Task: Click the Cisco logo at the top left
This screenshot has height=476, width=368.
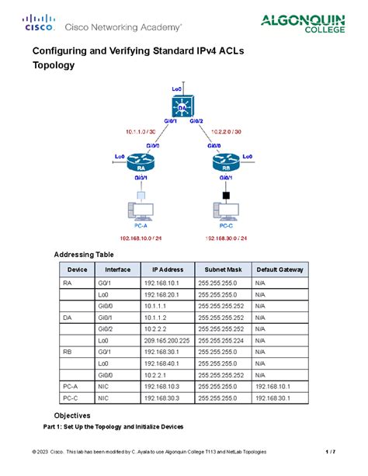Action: (38, 23)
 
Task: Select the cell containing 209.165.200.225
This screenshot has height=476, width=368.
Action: (165, 339)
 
